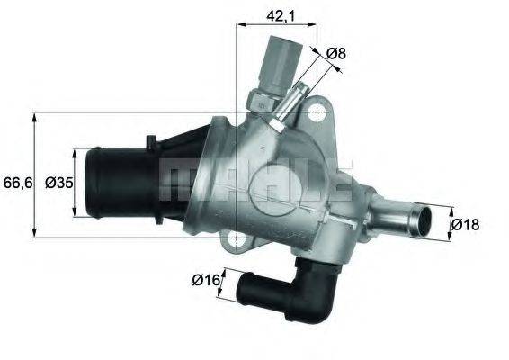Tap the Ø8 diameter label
point(335,54)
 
